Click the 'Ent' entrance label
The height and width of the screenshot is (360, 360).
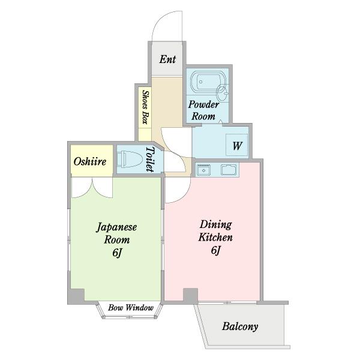coord(167,59)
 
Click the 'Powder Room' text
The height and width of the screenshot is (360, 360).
coord(203,110)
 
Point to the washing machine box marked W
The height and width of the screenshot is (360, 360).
coord(237,146)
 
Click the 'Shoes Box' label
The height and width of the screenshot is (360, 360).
coord(145,106)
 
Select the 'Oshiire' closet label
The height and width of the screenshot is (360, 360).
coord(91,162)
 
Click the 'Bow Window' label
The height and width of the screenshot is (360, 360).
coord(131,308)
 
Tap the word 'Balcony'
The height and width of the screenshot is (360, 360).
coord(240,327)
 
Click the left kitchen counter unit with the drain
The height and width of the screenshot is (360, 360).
coord(204,170)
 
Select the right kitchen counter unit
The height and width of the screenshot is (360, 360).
coord(229,170)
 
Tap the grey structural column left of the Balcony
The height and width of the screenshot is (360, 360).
coord(190,295)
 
